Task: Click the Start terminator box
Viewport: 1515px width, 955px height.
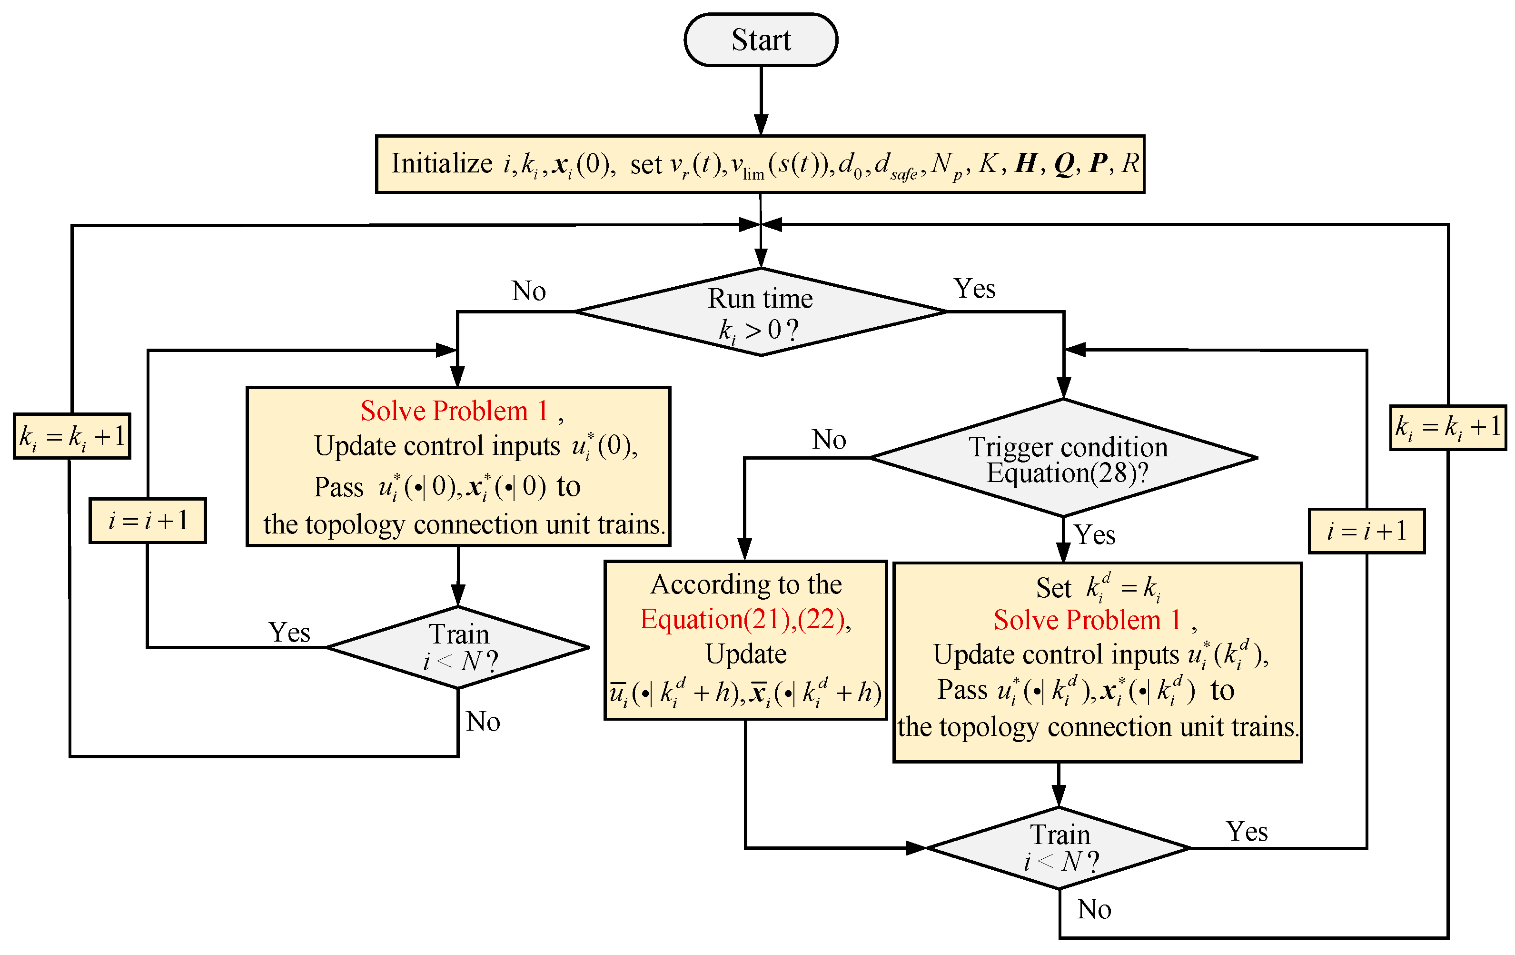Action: click(761, 40)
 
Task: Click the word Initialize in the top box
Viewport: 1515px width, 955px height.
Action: click(442, 164)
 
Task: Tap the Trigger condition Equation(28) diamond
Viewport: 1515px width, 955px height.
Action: click(1064, 458)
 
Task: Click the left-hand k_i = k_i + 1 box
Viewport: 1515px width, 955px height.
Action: click(72, 436)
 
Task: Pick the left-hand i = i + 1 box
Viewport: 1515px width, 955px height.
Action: click(148, 521)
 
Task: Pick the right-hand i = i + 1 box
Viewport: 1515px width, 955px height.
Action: click(1366, 531)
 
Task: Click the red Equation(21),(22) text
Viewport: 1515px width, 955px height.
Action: click(745, 620)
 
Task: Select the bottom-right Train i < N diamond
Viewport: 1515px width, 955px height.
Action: click(1060, 848)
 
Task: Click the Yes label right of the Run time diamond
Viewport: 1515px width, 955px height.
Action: click(975, 289)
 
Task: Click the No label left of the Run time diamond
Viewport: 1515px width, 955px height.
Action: click(528, 291)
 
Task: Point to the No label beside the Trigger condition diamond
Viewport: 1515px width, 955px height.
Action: click(829, 440)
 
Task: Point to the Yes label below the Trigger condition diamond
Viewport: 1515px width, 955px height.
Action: click(1095, 535)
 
